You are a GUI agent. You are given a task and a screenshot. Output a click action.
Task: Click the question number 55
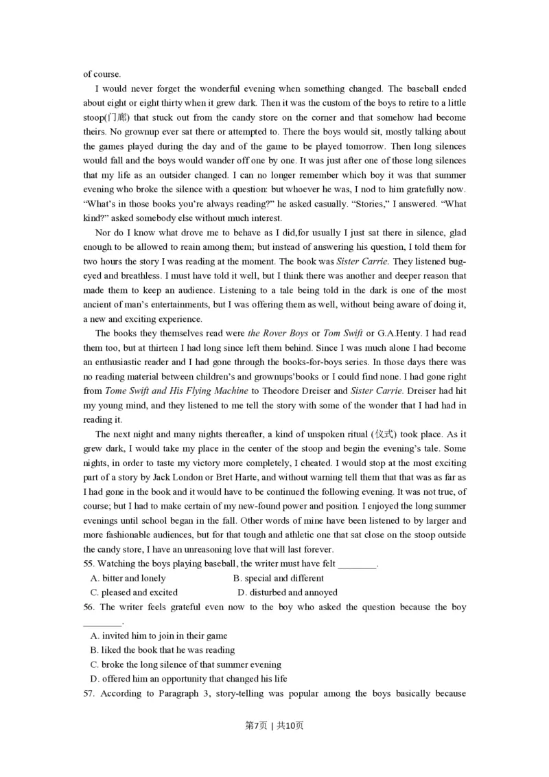tap(89, 564)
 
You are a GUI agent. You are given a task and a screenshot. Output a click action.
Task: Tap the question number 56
tap(89, 607)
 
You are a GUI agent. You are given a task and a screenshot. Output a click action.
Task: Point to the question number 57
tap(89, 693)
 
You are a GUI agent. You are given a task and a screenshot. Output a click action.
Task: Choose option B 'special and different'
tap(278, 578)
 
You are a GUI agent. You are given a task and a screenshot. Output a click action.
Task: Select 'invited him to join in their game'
tap(159, 636)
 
